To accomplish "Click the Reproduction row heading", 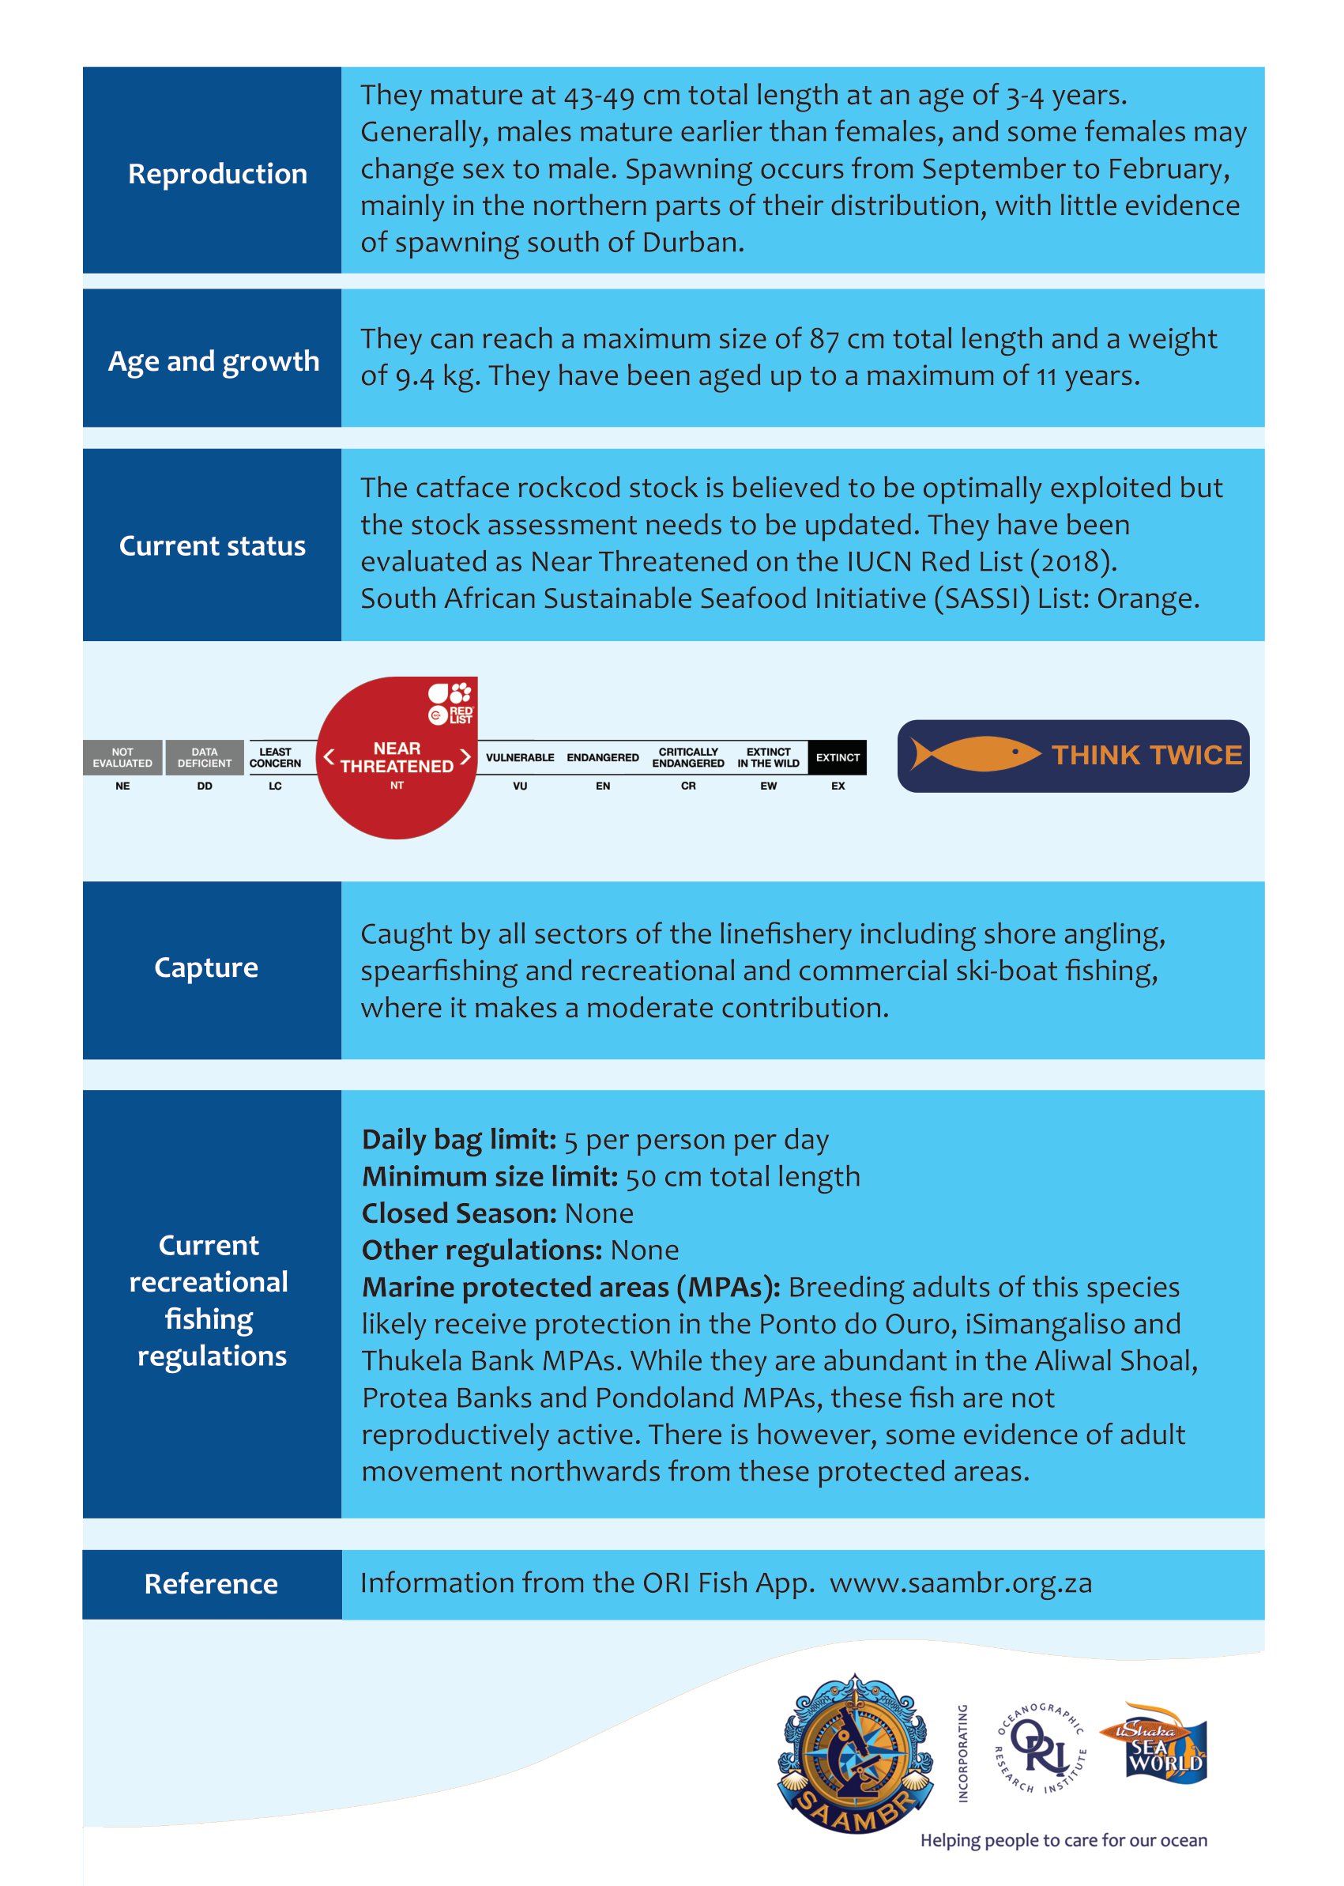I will tap(216, 174).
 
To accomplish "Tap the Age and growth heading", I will tap(213, 361).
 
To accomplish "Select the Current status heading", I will tap(212, 545).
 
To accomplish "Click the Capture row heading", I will tap(206, 967).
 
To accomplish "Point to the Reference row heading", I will tap(211, 1583).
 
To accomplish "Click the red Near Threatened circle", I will tap(397, 757).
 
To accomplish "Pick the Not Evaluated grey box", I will tap(122, 757).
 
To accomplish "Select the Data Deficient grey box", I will tap(205, 757).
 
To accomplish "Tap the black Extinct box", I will tap(838, 757).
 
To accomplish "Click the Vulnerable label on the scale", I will tap(520, 757).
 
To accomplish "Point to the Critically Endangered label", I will tap(687, 757).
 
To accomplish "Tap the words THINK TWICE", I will tap(1146, 755).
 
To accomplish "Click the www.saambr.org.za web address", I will tap(961, 1583).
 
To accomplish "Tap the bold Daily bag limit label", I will tap(459, 1140).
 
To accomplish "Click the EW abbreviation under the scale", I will tap(768, 786).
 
